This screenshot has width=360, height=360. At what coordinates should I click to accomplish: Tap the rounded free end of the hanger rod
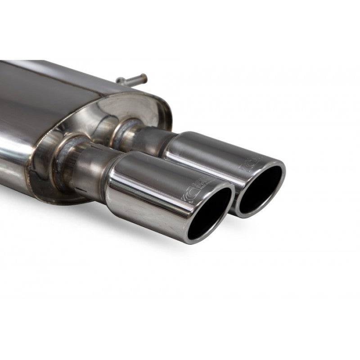[x=144, y=76]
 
